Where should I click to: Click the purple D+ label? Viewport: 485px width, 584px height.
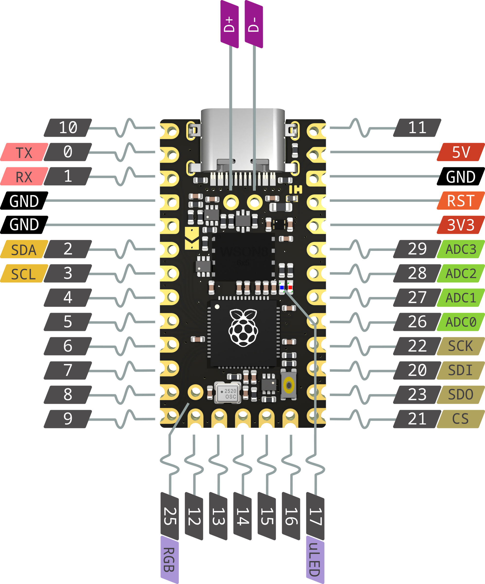[229, 25]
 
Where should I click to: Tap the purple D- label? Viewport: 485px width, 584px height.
[254, 25]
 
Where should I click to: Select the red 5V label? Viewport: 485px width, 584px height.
[460, 152]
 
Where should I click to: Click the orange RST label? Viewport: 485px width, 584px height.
[460, 200]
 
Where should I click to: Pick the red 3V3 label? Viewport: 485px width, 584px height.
[460, 225]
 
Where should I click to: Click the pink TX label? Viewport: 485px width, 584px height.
[24, 153]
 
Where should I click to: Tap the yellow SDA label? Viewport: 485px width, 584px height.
[24, 250]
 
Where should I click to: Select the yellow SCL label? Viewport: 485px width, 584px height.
[24, 274]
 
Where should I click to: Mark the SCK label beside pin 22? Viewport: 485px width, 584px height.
[460, 346]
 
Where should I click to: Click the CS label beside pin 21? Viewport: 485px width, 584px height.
[460, 419]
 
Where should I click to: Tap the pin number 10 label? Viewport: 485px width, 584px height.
[68, 128]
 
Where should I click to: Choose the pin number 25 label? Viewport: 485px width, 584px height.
[169, 516]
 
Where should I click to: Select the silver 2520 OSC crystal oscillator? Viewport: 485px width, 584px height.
[228, 393]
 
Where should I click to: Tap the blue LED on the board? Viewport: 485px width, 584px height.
[282, 287]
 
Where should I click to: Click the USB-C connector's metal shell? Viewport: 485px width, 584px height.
[243, 134]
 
